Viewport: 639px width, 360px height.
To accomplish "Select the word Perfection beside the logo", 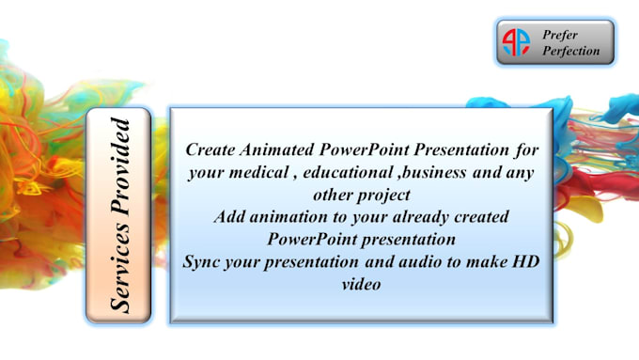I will (x=570, y=52).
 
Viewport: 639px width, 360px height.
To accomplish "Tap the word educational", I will (x=352, y=171).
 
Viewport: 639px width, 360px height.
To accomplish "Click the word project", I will (x=383, y=194).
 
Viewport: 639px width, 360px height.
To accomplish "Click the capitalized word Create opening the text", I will (x=211, y=149).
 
